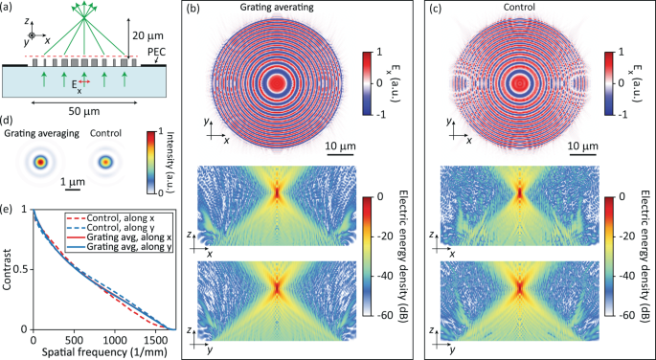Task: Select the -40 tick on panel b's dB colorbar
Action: point(382,266)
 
